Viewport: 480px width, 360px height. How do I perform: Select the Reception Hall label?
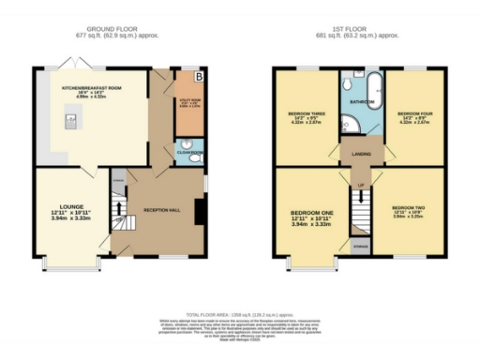155,211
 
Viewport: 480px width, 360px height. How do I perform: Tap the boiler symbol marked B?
198,76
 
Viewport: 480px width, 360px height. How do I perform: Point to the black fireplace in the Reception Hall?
201,210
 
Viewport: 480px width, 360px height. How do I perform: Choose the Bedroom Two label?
409,207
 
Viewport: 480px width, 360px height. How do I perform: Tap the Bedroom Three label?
306,115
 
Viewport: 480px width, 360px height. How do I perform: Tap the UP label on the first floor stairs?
361,187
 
